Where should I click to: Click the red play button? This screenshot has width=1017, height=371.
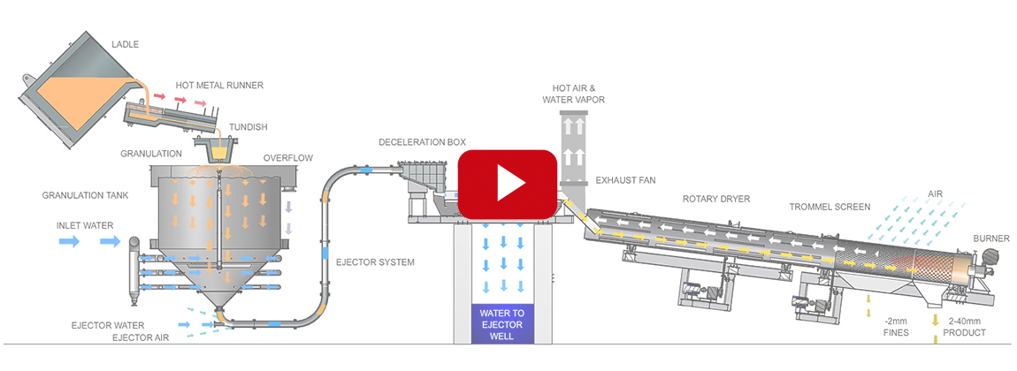tap(507, 184)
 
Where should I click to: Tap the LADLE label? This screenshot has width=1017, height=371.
tap(126, 44)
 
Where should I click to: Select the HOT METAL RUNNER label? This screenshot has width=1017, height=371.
tap(219, 86)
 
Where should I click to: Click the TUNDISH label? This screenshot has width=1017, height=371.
tap(246, 125)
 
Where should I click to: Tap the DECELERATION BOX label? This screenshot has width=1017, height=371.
tap(422, 141)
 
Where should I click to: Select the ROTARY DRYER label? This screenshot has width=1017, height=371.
tap(715, 200)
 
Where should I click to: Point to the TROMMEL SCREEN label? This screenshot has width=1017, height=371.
tap(830, 207)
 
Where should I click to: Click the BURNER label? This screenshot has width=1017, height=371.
tap(990, 238)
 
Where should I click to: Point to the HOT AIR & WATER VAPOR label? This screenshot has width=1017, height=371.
tap(578, 94)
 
